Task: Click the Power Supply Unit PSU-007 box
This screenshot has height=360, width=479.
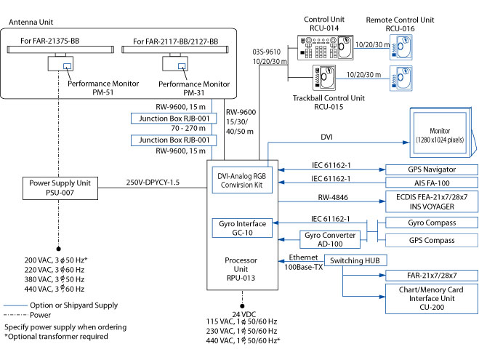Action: click(58, 188)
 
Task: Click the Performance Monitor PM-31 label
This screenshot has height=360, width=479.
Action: click(194, 88)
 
